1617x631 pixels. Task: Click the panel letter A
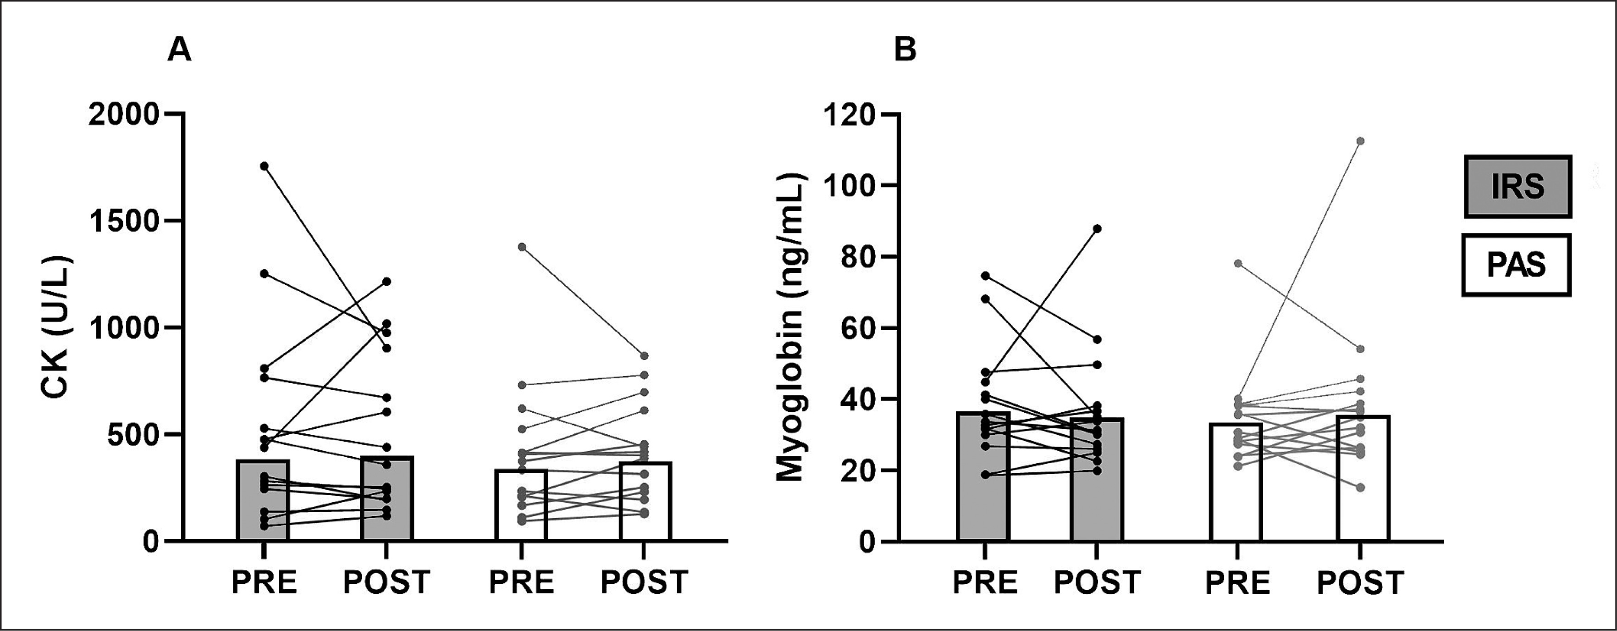pyautogui.click(x=180, y=50)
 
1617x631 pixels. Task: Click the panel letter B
pyautogui.click(x=905, y=50)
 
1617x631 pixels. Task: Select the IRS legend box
pyautogui.click(x=1517, y=187)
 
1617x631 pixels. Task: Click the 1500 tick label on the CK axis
pyautogui.click(x=124, y=221)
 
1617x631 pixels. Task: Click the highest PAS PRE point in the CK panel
pyautogui.click(x=522, y=247)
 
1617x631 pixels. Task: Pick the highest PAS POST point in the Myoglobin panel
pyautogui.click(x=1360, y=141)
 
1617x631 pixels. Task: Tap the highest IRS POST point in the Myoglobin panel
pyautogui.click(x=1097, y=228)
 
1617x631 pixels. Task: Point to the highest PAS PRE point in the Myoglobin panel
pyautogui.click(x=1238, y=263)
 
